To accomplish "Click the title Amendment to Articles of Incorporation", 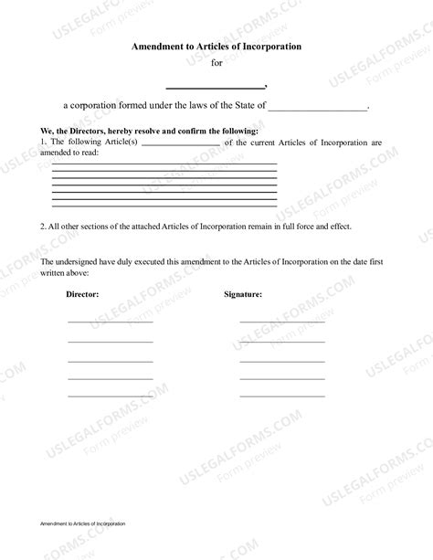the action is click(x=216, y=46).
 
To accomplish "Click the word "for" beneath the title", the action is click(x=216, y=63).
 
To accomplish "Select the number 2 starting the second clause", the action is click(x=43, y=226).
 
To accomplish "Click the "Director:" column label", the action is click(x=83, y=295).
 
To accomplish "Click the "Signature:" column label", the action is click(x=243, y=295).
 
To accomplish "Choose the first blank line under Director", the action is click(x=110, y=322).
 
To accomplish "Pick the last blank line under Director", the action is click(x=110, y=396).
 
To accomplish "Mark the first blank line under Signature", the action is click(x=282, y=322).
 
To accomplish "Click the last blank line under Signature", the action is click(x=282, y=396).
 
